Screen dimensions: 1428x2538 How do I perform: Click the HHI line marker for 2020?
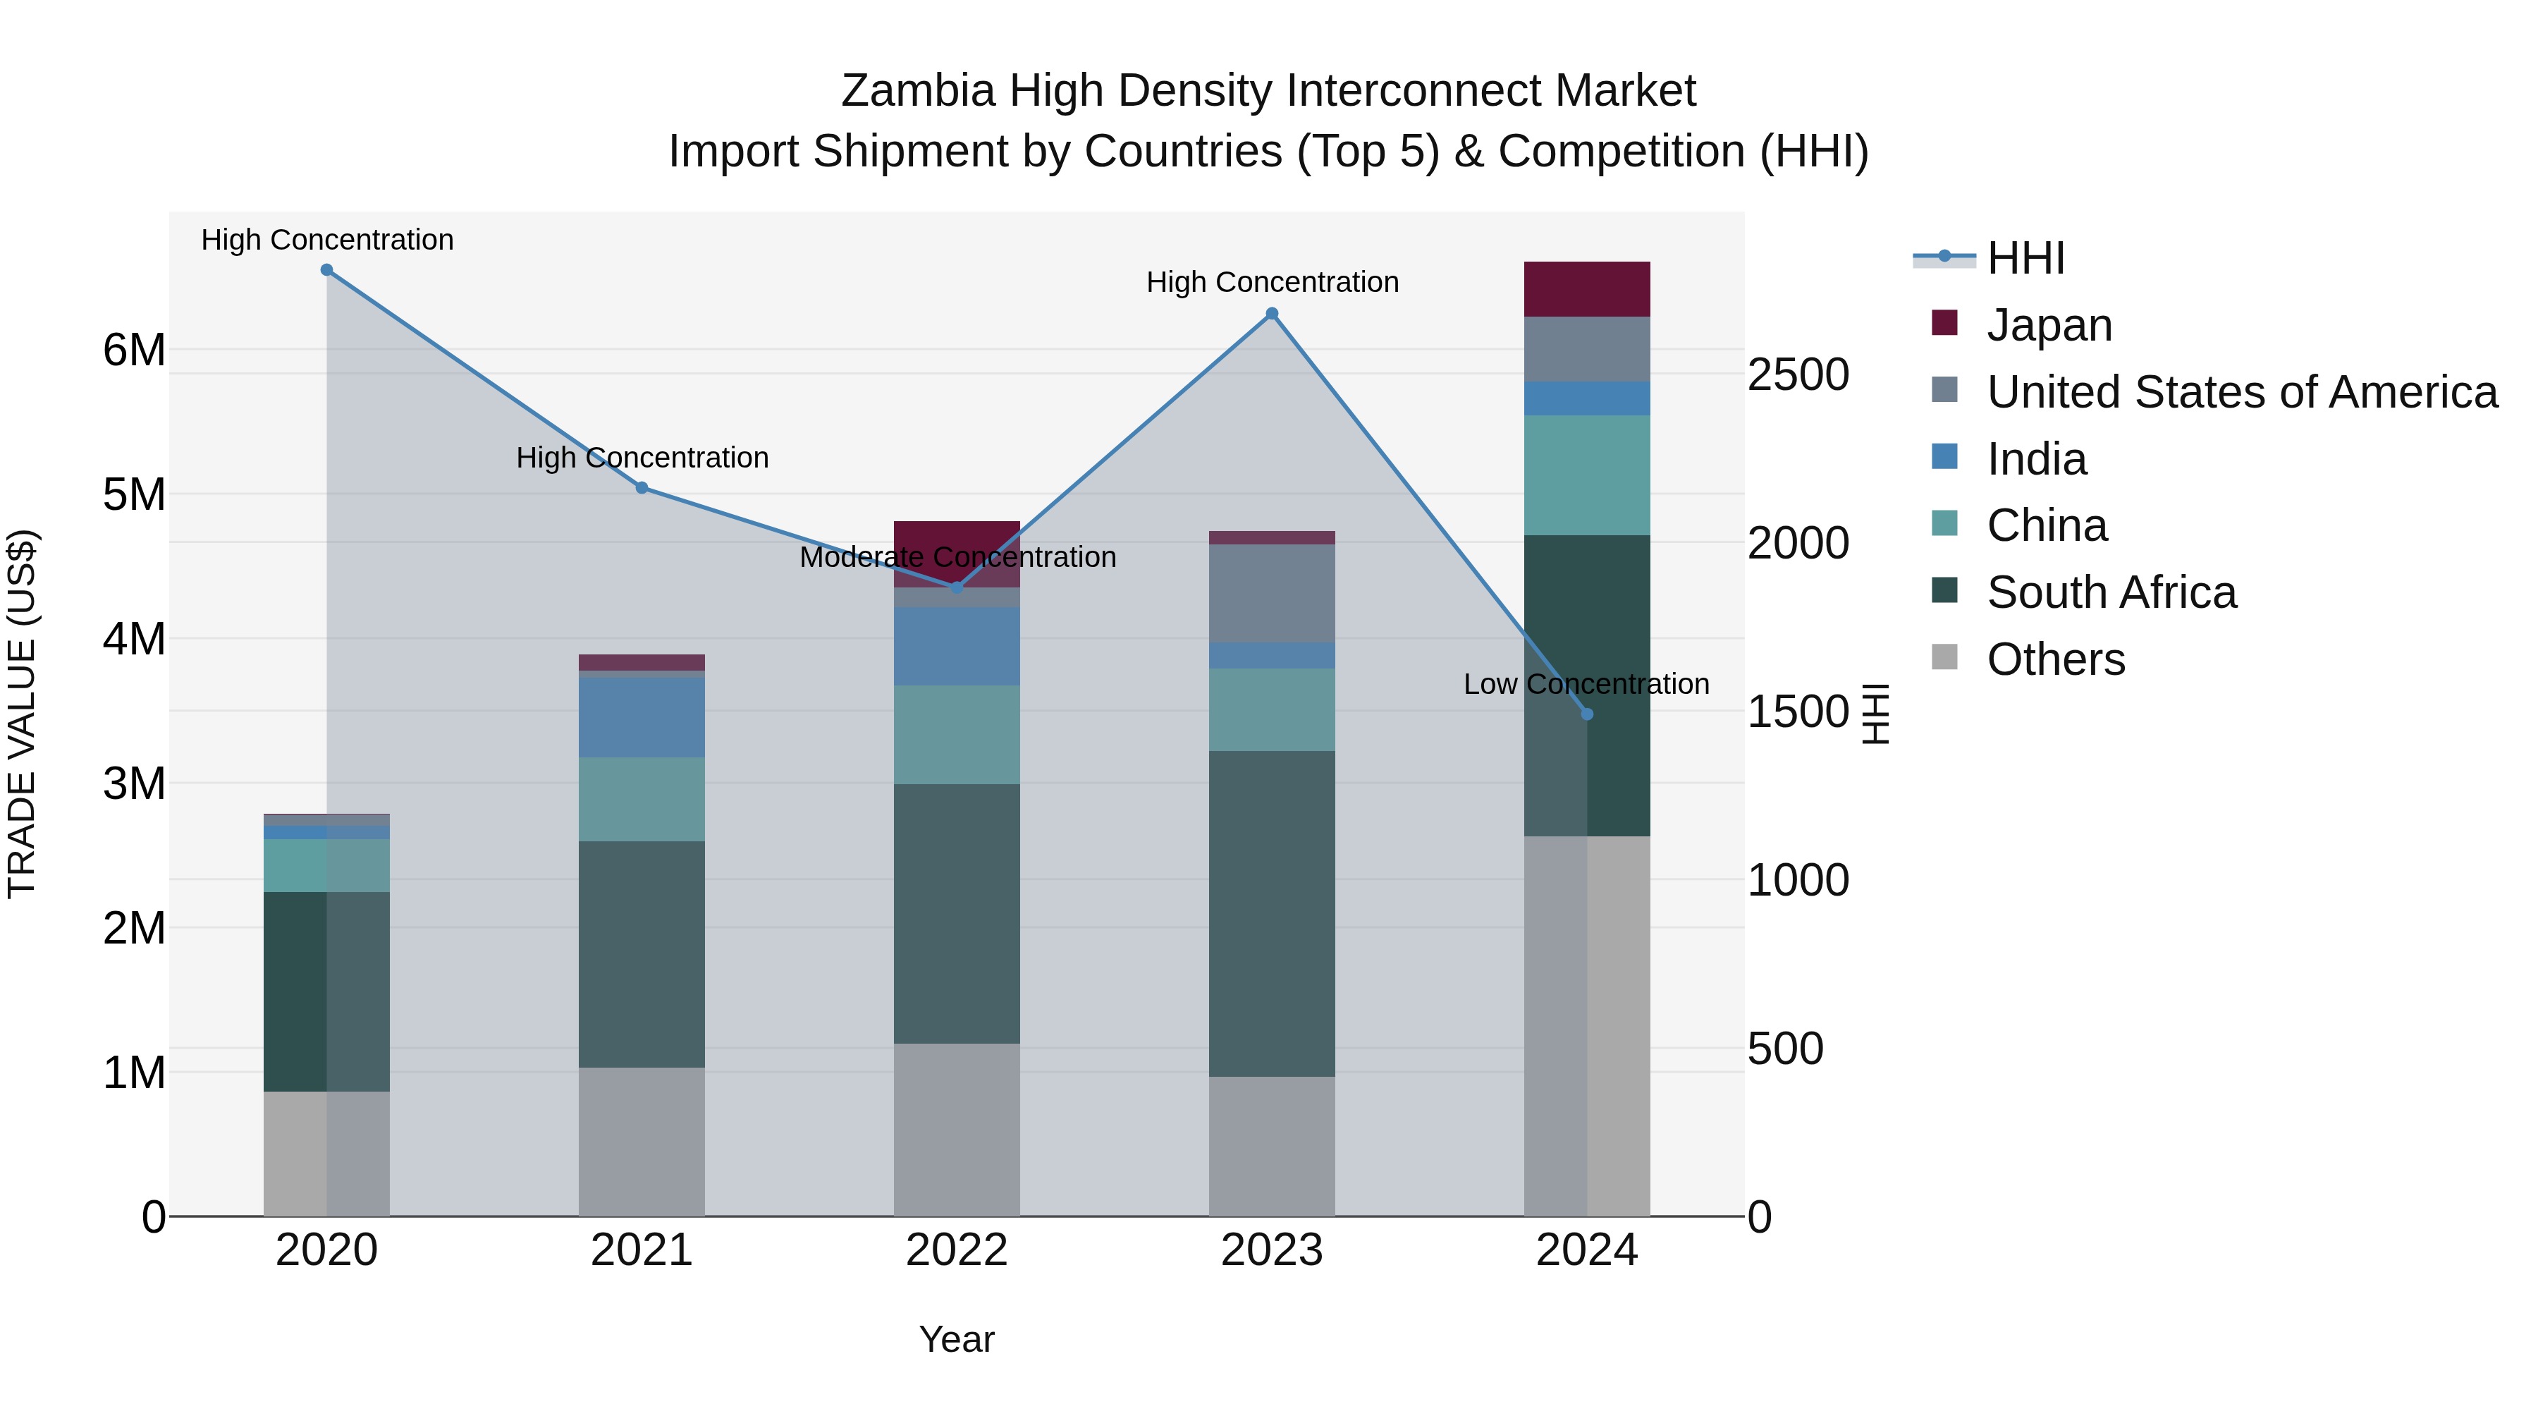point(327,270)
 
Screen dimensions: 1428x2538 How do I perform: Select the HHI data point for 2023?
point(1272,313)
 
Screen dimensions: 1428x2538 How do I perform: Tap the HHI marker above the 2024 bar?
point(1586,714)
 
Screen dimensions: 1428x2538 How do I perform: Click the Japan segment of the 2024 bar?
point(1586,288)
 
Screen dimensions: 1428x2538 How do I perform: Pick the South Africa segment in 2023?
point(1271,913)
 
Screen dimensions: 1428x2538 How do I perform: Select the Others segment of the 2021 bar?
point(642,1141)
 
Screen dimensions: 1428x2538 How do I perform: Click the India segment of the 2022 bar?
point(956,645)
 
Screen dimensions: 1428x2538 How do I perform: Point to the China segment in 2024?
point(1586,475)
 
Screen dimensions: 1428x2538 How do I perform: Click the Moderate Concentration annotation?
point(957,558)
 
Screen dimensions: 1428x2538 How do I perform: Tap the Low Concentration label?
point(1586,684)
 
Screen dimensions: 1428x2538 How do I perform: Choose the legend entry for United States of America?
point(2241,392)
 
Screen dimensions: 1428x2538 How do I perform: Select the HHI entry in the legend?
point(2025,258)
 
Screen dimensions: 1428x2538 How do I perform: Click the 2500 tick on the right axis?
point(1798,375)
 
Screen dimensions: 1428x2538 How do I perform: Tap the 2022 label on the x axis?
point(956,1250)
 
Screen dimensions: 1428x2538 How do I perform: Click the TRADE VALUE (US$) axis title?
point(22,714)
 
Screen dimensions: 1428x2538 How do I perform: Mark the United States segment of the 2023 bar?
point(1271,593)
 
